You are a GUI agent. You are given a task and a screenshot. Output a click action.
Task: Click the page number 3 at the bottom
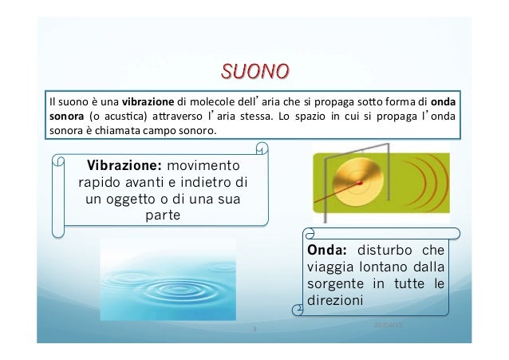[x=254, y=328]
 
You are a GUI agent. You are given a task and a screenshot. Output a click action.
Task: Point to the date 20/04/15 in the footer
[x=389, y=324]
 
